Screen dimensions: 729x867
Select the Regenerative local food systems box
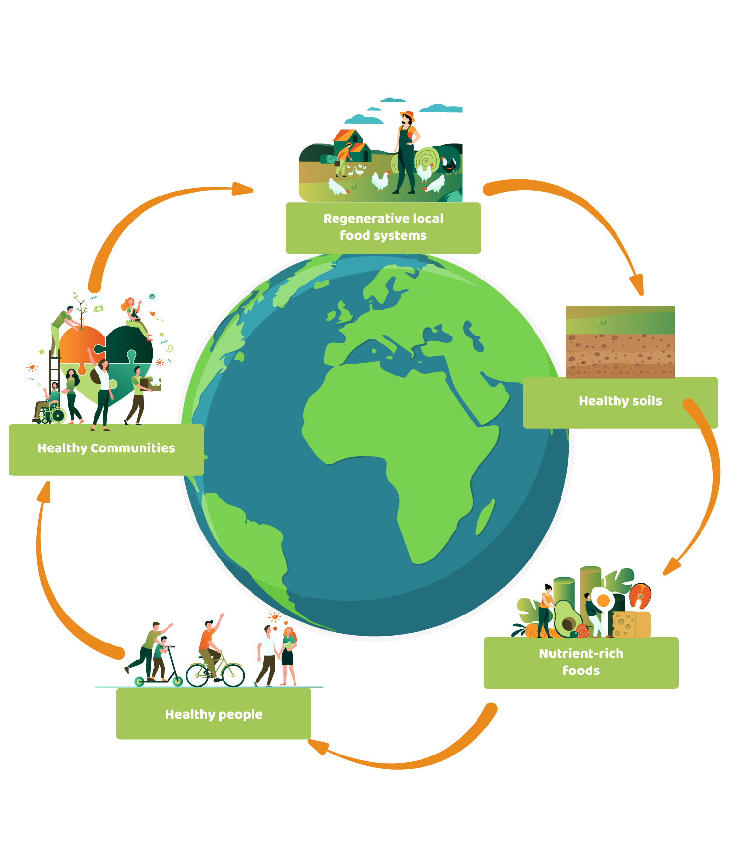coord(383,228)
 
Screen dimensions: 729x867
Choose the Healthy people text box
coord(214,714)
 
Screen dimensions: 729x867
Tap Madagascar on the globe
coord(485,517)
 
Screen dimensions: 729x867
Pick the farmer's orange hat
coord(408,116)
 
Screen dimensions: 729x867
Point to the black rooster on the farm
coord(449,166)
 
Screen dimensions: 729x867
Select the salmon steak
coord(640,595)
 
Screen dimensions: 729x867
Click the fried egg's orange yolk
coord(603,600)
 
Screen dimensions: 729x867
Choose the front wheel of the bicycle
coord(233,675)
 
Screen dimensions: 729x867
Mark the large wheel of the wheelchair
coord(58,416)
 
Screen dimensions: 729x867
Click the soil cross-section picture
coord(620,342)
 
